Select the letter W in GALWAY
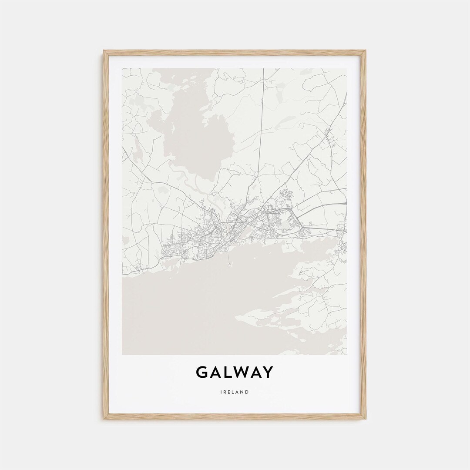(x=242, y=373)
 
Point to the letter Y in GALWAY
(x=268, y=373)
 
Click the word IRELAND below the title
(x=235, y=392)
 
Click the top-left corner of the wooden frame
(x=104, y=51)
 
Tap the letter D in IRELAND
(x=248, y=392)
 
